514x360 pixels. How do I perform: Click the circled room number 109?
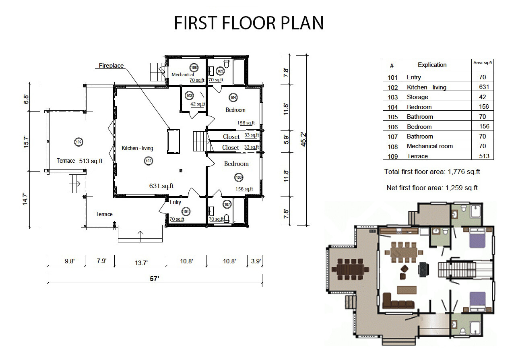point(79,142)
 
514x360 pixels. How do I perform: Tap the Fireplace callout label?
point(111,65)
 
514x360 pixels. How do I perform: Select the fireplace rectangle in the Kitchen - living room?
point(173,141)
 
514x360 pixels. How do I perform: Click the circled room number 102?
point(149,161)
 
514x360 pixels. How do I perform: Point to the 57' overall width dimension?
point(155,279)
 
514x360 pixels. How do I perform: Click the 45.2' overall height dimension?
point(303,139)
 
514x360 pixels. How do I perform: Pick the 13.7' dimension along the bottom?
point(141,263)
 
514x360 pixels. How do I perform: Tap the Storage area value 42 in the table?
point(482,97)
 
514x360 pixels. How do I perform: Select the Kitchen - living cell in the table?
point(426,87)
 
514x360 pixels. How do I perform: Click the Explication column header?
point(432,65)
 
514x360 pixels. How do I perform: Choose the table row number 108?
point(392,147)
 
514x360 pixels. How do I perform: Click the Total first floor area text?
point(432,172)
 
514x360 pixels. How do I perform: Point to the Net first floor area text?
point(432,188)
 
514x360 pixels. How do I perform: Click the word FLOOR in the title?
point(249,23)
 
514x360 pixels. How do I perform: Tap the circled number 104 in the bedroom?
point(233,97)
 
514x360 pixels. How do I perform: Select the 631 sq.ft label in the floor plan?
point(161,186)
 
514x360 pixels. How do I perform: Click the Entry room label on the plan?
point(175,202)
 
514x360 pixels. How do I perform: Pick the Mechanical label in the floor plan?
point(183,74)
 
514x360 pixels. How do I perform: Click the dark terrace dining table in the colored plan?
point(350,269)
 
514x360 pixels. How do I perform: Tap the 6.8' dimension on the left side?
point(26,99)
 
